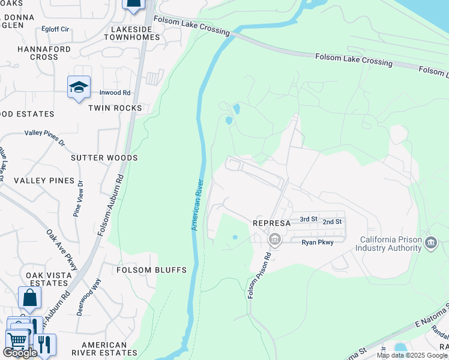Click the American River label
(x=197, y=205)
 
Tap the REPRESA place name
(x=271, y=223)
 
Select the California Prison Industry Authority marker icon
(x=430, y=242)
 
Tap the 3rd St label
(x=309, y=219)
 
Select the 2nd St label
(x=332, y=221)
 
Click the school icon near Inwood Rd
(x=79, y=87)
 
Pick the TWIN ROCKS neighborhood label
(x=115, y=108)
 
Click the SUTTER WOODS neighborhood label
(x=104, y=158)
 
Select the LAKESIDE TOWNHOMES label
(x=132, y=32)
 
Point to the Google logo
(x=20, y=353)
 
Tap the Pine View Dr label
(x=77, y=199)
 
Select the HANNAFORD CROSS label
(x=44, y=53)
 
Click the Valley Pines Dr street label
(x=44, y=137)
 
